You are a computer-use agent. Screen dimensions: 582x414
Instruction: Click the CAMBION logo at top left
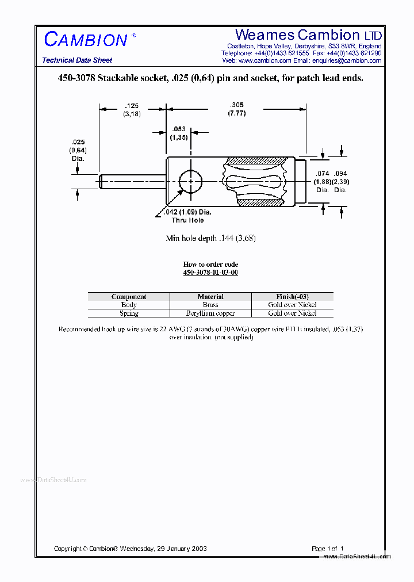tap(86, 40)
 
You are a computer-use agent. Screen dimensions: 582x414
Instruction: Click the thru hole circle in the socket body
tap(191, 182)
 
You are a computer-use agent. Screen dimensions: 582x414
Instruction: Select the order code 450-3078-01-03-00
tap(210, 272)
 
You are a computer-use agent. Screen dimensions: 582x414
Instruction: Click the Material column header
tap(210, 297)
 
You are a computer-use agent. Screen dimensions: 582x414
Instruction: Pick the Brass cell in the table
tap(210, 305)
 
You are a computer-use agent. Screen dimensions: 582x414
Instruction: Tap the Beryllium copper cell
tap(210, 313)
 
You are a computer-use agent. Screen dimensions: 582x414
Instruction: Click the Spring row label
tap(129, 313)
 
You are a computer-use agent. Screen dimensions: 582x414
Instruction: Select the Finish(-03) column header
tap(292, 297)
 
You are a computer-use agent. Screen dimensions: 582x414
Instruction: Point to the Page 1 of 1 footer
tap(328, 549)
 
